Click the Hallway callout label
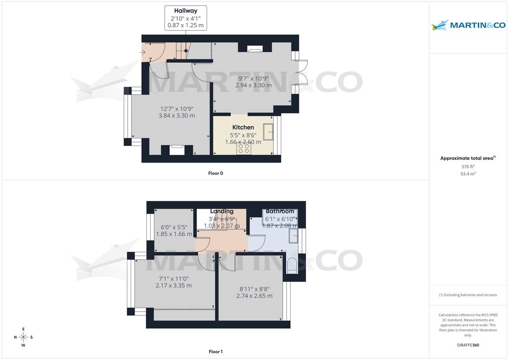(185, 18)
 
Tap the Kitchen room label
(243, 127)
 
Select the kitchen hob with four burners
(243, 148)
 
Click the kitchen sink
(268, 131)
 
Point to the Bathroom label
(280, 211)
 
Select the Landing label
(222, 211)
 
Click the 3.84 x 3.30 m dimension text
(177, 115)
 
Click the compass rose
(23, 337)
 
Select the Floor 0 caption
(215, 173)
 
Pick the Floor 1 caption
(215, 352)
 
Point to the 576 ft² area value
(468, 167)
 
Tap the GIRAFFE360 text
(468, 345)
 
